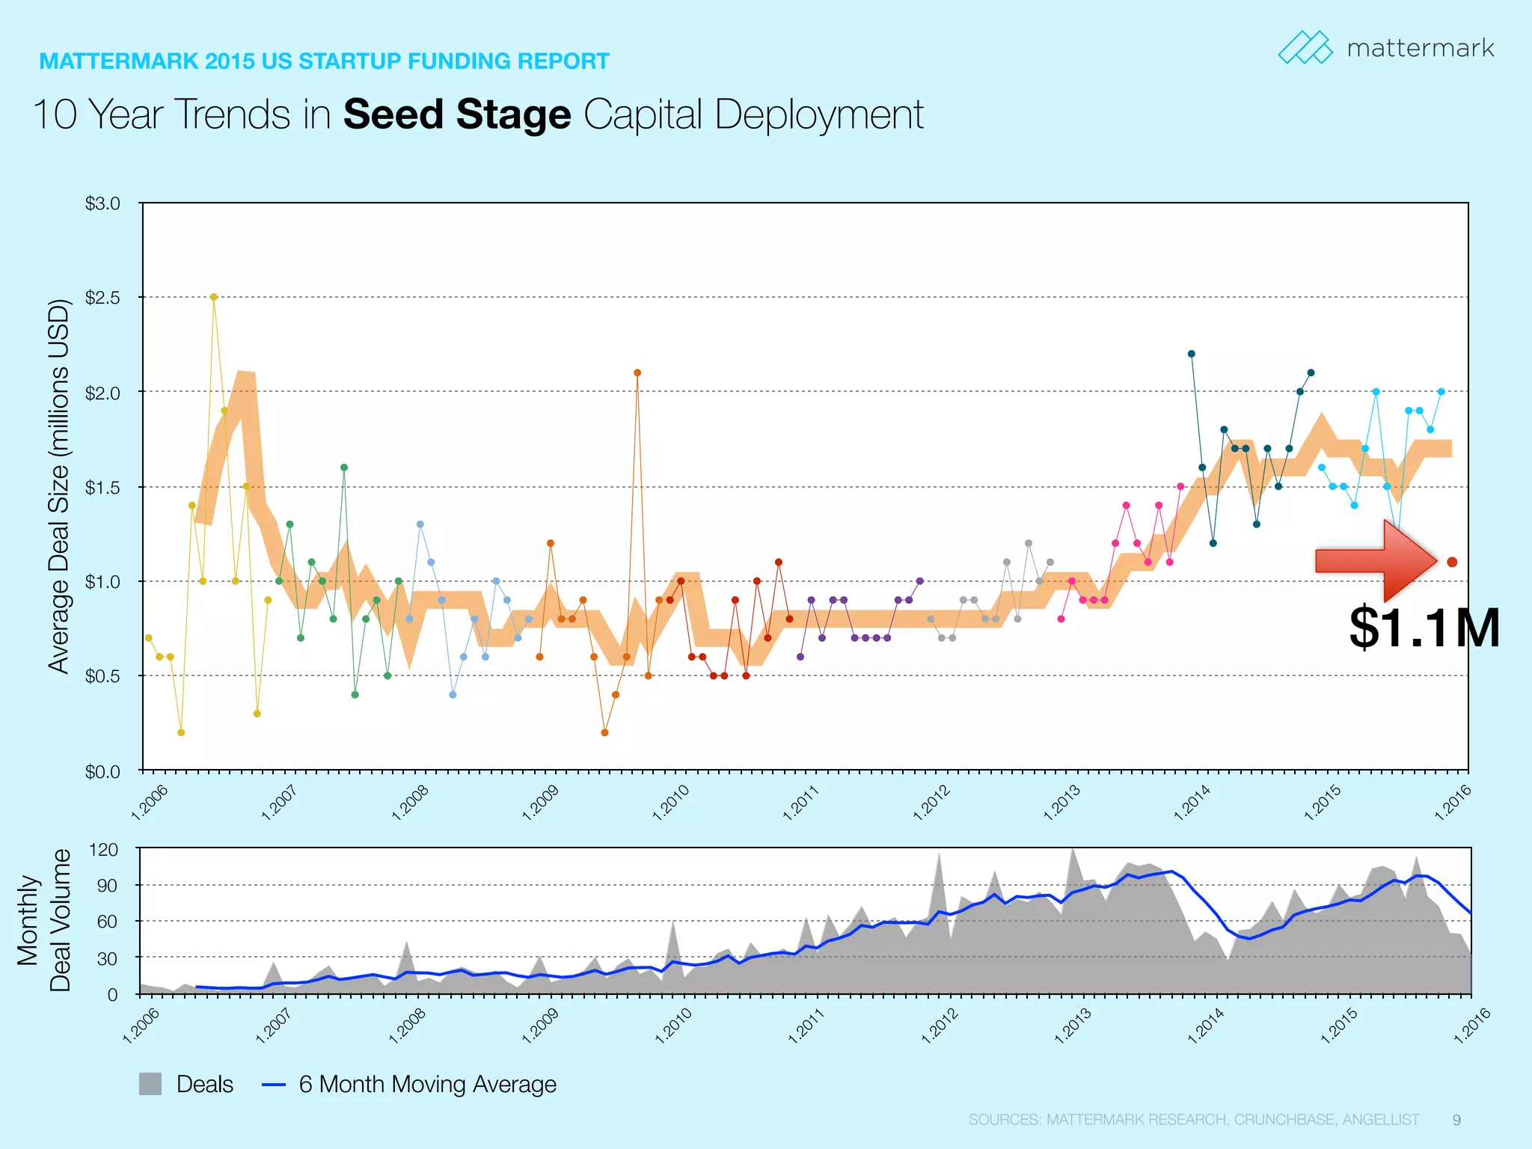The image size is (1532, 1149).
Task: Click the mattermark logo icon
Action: coord(1305,48)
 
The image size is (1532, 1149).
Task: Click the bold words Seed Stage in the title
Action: coord(457,115)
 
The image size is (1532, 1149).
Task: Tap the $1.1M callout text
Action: coord(1424,628)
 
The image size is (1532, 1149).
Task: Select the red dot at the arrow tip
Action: coord(1452,562)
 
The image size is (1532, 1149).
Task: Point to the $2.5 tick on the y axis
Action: coord(102,298)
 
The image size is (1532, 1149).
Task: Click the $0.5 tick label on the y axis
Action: coord(102,676)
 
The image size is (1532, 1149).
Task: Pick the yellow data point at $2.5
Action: coord(214,297)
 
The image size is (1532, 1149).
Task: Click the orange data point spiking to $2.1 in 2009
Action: coord(637,373)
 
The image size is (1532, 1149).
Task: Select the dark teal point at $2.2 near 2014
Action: coord(1192,354)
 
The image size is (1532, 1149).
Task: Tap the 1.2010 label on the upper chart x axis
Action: coord(671,803)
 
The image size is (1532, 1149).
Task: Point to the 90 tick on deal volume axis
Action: coord(103,886)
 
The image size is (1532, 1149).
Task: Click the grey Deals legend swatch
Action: coord(150,1084)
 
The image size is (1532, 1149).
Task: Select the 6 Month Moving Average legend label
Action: coord(427,1084)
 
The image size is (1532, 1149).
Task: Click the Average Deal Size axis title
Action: coord(58,486)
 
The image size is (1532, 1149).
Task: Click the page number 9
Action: coord(1456,1120)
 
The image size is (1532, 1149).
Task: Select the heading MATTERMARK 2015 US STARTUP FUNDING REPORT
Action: coord(324,61)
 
